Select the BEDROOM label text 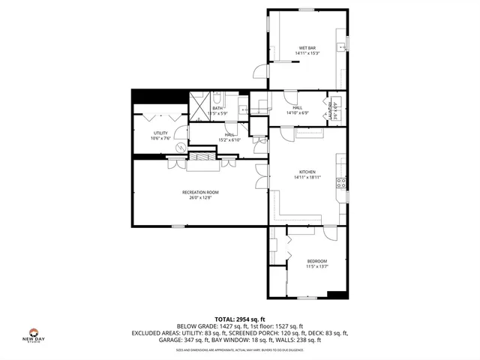pyautogui.click(x=316, y=260)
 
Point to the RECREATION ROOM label pyautogui.click(x=200, y=193)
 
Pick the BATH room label pyautogui.click(x=217, y=108)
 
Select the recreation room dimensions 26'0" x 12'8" pyautogui.click(x=200, y=199)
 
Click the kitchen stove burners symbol pyautogui.click(x=341, y=181)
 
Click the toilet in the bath pyautogui.click(x=217, y=97)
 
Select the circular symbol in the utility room pyautogui.click(x=181, y=147)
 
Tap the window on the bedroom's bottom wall pyautogui.click(x=307, y=297)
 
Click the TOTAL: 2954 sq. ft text pyautogui.click(x=240, y=319)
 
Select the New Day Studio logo pyautogui.click(x=33, y=334)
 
